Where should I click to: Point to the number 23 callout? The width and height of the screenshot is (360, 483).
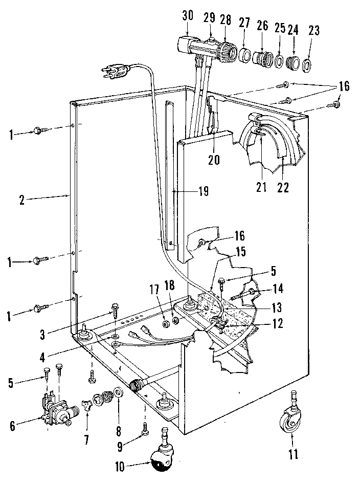click(x=313, y=30)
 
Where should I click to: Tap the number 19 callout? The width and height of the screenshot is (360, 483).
click(x=203, y=192)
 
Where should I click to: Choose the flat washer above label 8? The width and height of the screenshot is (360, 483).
click(x=118, y=393)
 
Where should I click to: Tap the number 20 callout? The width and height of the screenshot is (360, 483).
click(x=214, y=160)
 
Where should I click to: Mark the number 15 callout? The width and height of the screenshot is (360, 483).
click(x=239, y=252)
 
